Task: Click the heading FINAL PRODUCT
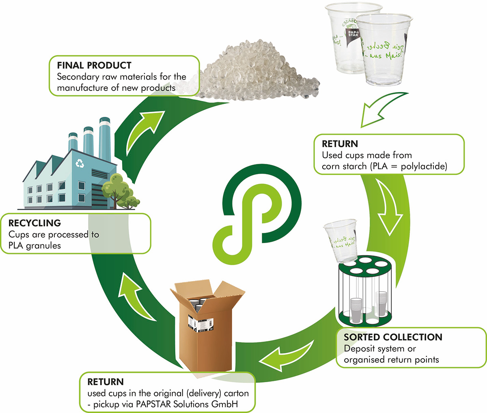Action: (94, 65)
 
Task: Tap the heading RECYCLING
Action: (34, 223)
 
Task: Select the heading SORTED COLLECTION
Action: (393, 337)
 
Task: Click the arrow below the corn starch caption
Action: (388, 207)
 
